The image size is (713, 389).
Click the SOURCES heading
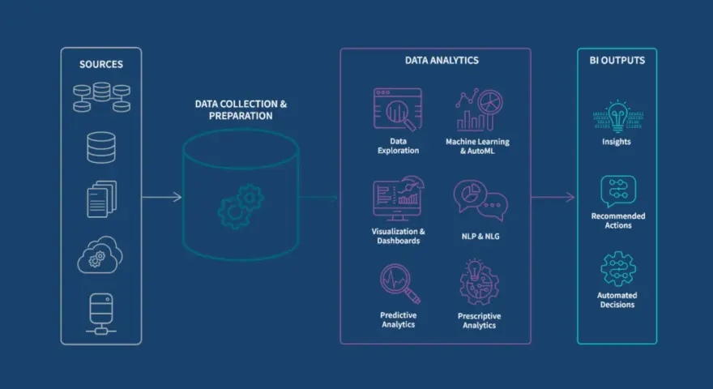pyautogui.click(x=101, y=64)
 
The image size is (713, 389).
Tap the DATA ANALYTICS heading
pyautogui.click(x=442, y=60)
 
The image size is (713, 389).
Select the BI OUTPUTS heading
pyautogui.click(x=617, y=60)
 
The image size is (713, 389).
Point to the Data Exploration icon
pyautogui.click(x=398, y=109)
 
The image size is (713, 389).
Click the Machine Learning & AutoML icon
pyautogui.click(x=480, y=109)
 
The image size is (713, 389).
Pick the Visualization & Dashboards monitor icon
pyautogui.click(x=399, y=199)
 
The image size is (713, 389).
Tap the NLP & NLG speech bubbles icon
pyautogui.click(x=480, y=201)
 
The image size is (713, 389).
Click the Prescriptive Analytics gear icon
pyautogui.click(x=480, y=283)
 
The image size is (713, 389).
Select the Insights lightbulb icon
pyautogui.click(x=617, y=116)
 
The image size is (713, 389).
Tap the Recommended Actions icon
pyautogui.click(x=618, y=191)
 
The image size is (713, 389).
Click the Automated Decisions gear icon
pyautogui.click(x=618, y=269)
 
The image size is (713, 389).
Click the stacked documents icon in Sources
pyautogui.click(x=101, y=199)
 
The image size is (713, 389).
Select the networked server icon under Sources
pyautogui.click(x=101, y=314)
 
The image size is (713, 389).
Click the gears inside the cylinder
pyautogui.click(x=241, y=206)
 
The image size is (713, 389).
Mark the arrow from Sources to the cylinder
pyautogui.click(x=162, y=197)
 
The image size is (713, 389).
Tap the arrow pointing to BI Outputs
pyautogui.click(x=553, y=197)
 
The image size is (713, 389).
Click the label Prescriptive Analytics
pyautogui.click(x=480, y=320)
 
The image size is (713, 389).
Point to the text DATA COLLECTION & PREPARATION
pyautogui.click(x=241, y=109)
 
